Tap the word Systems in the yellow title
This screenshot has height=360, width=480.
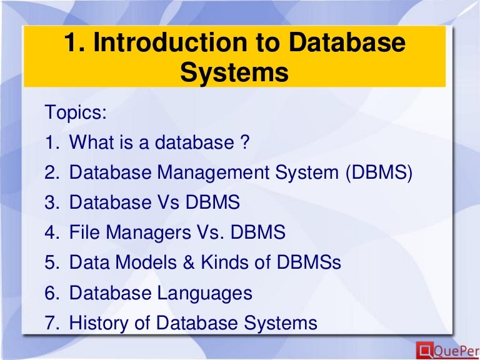coord(234,72)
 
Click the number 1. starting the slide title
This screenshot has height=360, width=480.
coord(74,43)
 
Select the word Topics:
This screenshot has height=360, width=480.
coord(76,113)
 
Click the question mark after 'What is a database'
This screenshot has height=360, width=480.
coord(244,142)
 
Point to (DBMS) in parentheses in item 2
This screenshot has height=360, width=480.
coord(378,172)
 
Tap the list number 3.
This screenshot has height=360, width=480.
coord(51,202)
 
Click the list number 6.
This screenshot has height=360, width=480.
coord(51,292)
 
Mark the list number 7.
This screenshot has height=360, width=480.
coord(51,323)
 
